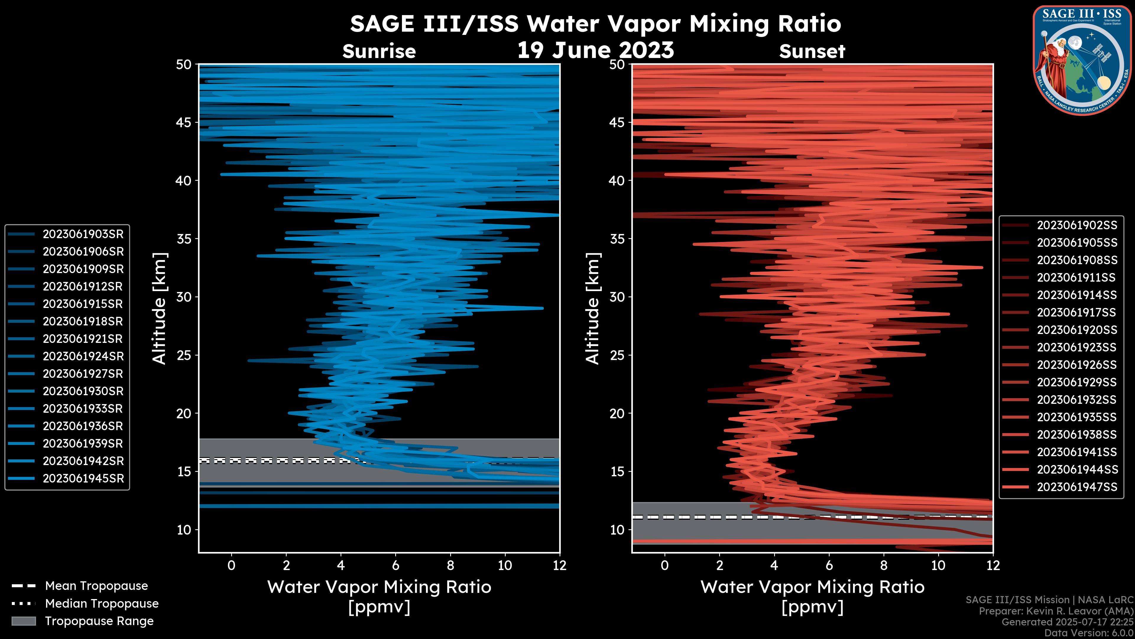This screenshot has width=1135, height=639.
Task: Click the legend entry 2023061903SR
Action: pyautogui.click(x=83, y=234)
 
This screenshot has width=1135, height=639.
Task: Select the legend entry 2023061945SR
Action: pyautogui.click(x=83, y=478)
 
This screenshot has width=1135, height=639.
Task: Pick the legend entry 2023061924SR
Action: pyautogui.click(x=83, y=356)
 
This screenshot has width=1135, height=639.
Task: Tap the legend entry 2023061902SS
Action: pyautogui.click(x=1077, y=225)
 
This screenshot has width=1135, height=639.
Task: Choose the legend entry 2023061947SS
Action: pyautogui.click(x=1077, y=487)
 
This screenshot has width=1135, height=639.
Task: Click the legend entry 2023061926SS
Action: pyautogui.click(x=1077, y=365)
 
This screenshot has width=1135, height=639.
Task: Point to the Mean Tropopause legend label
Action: pyautogui.click(x=96, y=586)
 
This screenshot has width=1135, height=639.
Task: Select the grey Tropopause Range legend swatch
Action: pyautogui.click(x=23, y=621)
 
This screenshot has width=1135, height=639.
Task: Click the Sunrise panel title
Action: pyautogui.click(x=379, y=51)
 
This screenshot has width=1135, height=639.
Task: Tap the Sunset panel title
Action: pyautogui.click(x=812, y=51)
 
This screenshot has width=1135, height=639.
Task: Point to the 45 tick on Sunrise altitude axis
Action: pyautogui.click(x=184, y=122)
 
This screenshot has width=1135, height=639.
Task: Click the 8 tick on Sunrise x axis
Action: pyautogui.click(x=450, y=565)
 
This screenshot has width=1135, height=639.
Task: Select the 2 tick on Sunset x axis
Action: pyautogui.click(x=719, y=565)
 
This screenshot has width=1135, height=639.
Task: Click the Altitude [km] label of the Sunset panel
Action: pyautogui.click(x=593, y=309)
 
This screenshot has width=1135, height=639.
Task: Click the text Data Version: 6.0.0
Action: pyautogui.click(x=1089, y=633)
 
